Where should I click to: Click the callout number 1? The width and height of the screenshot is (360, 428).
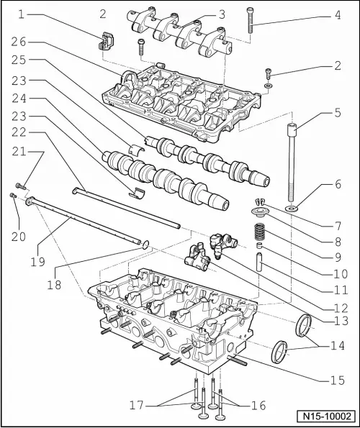pyautogui.click(x=22, y=14)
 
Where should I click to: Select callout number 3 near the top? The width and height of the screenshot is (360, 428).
pyautogui.click(x=222, y=14)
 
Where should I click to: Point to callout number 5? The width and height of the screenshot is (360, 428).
pyautogui.click(x=337, y=112)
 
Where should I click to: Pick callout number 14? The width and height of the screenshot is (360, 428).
pyautogui.click(x=337, y=345)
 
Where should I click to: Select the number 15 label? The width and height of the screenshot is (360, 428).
pyautogui.click(x=337, y=378)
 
